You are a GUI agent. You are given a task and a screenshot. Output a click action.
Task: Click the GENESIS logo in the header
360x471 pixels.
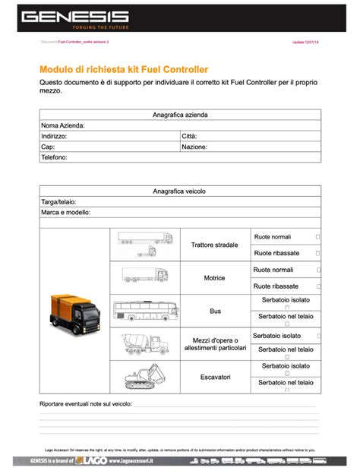pos(74,17)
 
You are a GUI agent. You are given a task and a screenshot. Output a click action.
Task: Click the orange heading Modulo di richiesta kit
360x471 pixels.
pos(124,69)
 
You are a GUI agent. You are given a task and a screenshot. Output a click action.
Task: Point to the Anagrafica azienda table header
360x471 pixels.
pos(180,115)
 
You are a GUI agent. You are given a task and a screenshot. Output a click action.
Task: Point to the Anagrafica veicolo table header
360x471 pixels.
pos(180,191)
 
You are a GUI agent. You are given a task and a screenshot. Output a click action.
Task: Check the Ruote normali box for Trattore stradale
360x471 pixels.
pos(317,237)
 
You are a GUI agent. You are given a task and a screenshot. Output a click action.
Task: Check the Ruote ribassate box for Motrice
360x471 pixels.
pos(317,286)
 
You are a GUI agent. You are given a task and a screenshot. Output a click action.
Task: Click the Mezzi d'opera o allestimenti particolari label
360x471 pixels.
pos(216,343)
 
